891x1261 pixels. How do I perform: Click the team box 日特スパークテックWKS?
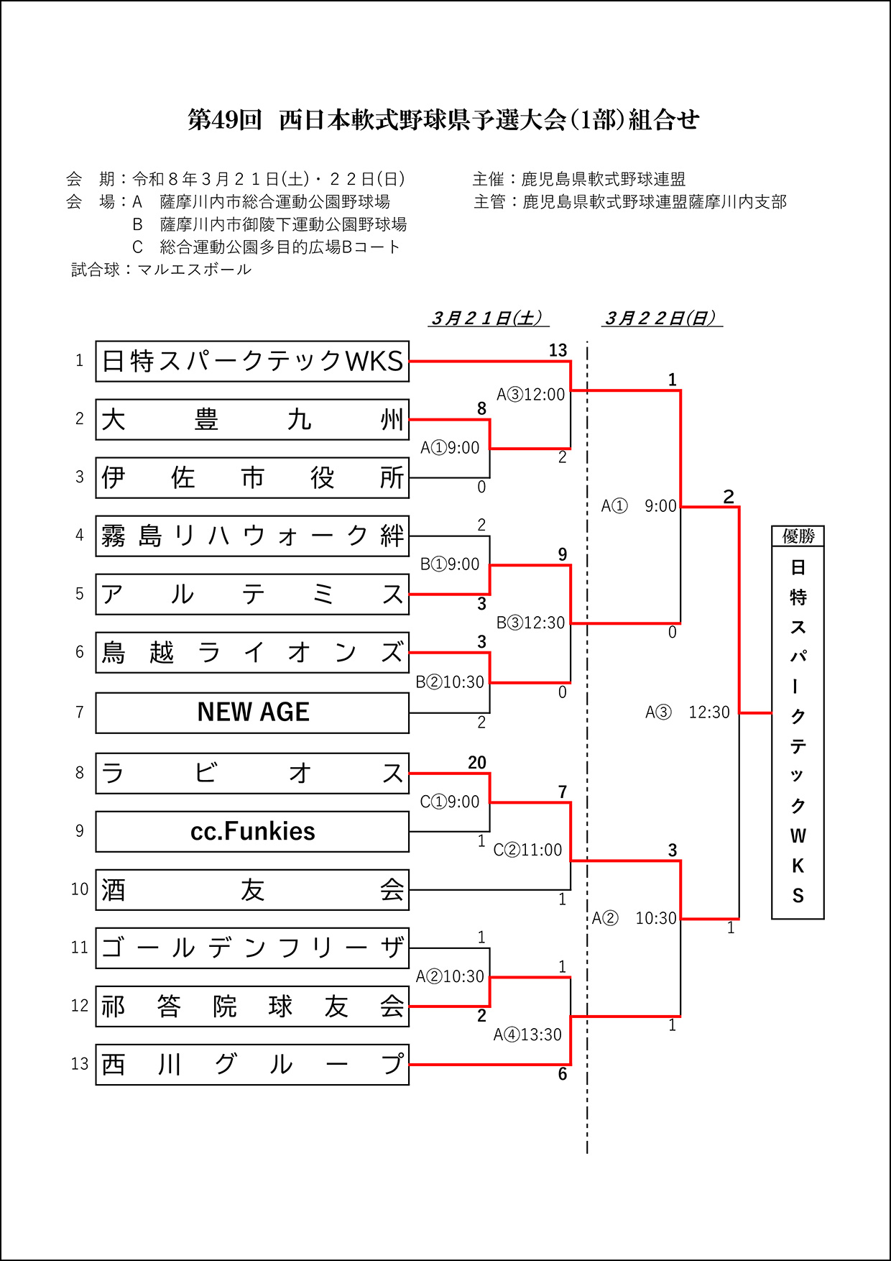coord(252,361)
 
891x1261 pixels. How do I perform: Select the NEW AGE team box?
coord(252,712)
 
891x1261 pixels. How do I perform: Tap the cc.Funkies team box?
coord(252,832)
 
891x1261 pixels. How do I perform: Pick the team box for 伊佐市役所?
coord(252,478)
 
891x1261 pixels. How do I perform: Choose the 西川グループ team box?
coord(252,1065)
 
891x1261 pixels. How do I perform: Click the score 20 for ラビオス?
coord(477,763)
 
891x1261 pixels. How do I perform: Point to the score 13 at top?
coord(558,350)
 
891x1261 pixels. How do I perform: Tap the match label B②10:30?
coord(450,682)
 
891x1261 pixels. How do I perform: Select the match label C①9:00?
coord(450,802)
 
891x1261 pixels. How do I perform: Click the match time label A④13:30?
coord(527,1035)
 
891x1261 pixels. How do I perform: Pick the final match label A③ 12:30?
coord(687,712)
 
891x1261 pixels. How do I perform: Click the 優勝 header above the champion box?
coord(798,536)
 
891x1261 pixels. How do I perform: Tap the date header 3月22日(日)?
coord(661,318)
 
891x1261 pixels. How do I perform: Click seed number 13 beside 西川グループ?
coord(80,1064)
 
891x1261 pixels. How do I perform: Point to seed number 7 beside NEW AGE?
coord(80,712)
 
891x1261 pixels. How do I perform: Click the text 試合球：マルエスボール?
coord(162,270)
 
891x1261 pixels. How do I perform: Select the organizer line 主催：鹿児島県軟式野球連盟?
coord(579,179)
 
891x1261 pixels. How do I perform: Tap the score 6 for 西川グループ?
coord(563,1074)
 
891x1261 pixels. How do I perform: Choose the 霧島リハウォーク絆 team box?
coord(252,536)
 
